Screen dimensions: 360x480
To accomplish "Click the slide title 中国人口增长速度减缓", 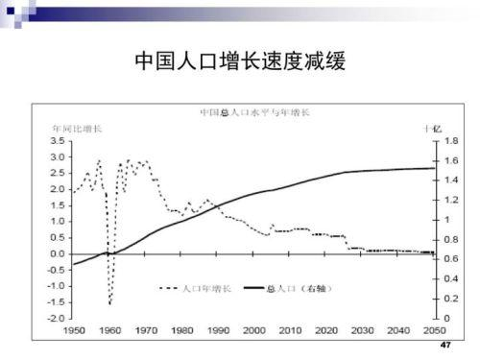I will click(x=240, y=63).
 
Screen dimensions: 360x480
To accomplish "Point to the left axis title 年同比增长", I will click(x=78, y=128).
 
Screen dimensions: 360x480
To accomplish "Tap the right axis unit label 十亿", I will click(x=431, y=128).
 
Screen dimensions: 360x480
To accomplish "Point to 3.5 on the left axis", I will click(x=58, y=141).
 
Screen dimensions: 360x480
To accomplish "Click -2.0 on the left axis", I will click(x=56, y=318).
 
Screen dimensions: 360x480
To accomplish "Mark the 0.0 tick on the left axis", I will click(x=58, y=253).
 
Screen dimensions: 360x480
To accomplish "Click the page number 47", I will click(x=444, y=345).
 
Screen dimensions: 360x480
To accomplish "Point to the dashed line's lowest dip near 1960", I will click(x=110, y=304).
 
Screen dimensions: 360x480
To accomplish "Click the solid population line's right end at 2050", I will click(x=432, y=168).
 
